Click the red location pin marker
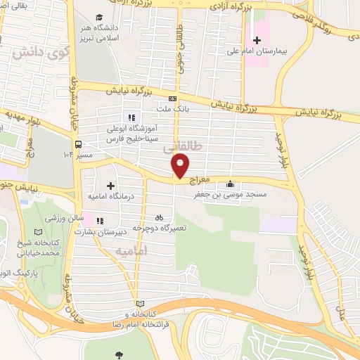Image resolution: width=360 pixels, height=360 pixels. point(181,165)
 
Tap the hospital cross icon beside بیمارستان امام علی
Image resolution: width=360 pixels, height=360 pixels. point(256,41)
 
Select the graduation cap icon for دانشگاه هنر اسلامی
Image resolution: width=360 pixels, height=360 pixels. point(100,15)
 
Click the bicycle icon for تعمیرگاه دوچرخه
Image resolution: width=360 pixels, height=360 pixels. point(159,218)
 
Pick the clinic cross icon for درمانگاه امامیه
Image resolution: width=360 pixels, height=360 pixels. point(110,184)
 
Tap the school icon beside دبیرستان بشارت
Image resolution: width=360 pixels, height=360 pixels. point(99,219)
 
